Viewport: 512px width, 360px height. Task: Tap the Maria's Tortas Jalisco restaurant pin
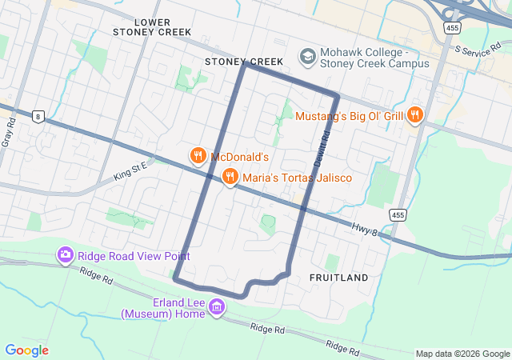(x=230, y=177)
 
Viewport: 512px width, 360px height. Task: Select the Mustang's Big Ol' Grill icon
(x=414, y=116)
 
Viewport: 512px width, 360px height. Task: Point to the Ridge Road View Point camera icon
(x=66, y=256)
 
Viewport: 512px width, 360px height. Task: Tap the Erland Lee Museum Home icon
(x=216, y=306)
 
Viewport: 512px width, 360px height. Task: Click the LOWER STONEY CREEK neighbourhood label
(x=152, y=26)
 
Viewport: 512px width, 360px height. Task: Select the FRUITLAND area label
(x=338, y=278)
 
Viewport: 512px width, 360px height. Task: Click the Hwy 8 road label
(x=364, y=229)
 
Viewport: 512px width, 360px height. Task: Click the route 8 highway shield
(x=38, y=116)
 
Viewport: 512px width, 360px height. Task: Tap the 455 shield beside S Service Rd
(x=453, y=27)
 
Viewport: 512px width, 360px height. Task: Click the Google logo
(x=26, y=350)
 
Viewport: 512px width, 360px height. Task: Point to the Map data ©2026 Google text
(x=462, y=354)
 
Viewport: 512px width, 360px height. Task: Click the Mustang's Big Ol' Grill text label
(x=350, y=117)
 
